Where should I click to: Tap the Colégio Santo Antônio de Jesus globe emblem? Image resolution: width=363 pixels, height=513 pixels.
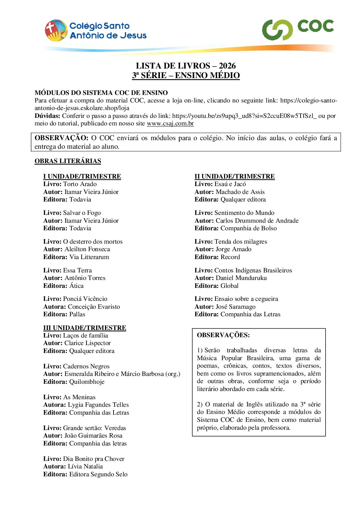[x=56, y=30]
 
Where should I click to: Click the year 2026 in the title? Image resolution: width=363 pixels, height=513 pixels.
[x=227, y=66]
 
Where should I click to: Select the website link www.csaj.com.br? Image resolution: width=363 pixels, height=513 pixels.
[x=170, y=124]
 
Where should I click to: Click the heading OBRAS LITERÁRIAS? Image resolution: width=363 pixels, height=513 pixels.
[x=68, y=161]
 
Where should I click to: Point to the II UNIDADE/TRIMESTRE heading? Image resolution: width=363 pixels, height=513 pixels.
[x=234, y=176]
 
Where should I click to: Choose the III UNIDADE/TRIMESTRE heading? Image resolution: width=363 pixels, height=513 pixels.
[x=84, y=328]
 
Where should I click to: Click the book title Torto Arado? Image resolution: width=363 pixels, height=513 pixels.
[x=80, y=184]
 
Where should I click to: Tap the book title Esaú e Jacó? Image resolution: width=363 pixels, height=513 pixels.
[x=230, y=184]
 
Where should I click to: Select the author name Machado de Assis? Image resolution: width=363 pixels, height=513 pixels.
[x=240, y=192]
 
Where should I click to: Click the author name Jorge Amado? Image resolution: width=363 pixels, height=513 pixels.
[x=233, y=249]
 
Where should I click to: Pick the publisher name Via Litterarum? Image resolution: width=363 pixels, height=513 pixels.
[x=89, y=257]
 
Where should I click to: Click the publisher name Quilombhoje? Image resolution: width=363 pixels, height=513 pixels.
[x=87, y=382]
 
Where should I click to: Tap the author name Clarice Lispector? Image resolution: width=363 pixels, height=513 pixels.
[x=87, y=343]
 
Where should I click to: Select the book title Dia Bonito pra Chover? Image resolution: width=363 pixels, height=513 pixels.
[x=94, y=459]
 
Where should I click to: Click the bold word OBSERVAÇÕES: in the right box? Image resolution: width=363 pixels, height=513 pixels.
[x=223, y=335]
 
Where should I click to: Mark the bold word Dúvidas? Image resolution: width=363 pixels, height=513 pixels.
[x=47, y=116]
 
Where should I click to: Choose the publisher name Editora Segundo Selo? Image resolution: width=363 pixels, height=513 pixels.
[x=98, y=474]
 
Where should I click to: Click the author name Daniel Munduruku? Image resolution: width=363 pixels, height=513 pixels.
[x=241, y=278]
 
